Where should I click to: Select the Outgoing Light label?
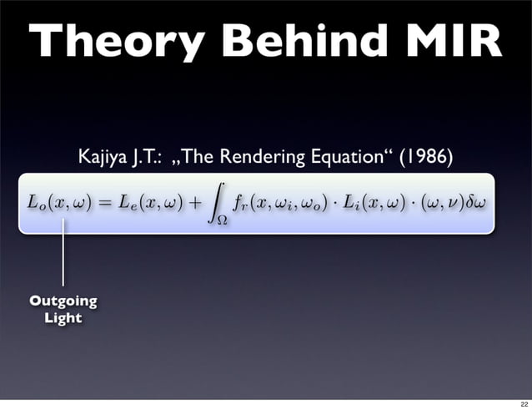63,309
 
